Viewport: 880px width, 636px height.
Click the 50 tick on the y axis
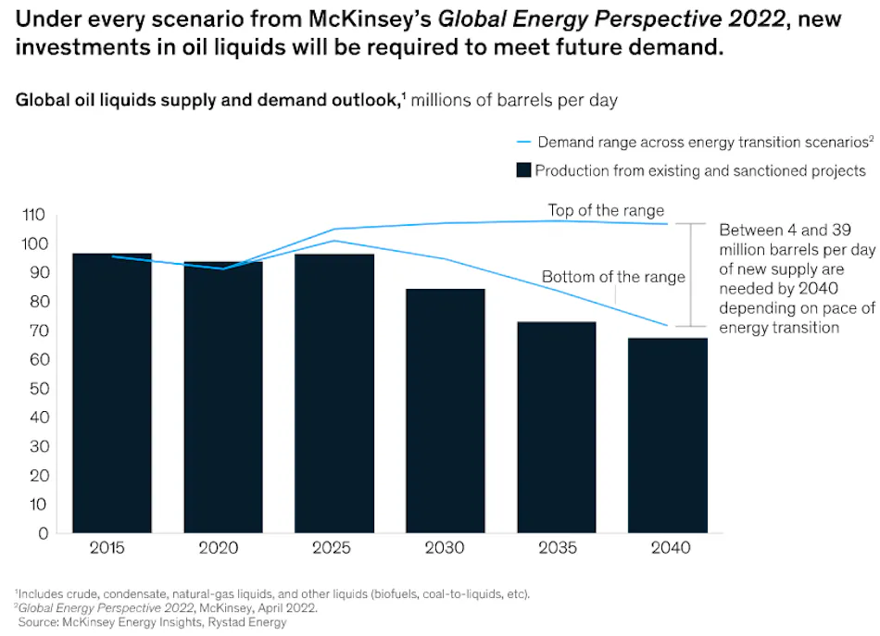coord(35,389)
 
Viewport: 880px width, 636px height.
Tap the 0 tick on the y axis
coord(40,533)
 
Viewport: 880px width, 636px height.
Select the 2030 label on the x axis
coord(446,548)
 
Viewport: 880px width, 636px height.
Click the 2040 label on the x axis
coord(671,548)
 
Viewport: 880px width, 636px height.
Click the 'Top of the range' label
coord(606,210)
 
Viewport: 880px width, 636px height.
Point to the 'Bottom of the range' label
coord(613,277)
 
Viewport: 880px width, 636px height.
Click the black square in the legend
coord(523,170)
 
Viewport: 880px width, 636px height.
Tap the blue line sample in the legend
coord(523,143)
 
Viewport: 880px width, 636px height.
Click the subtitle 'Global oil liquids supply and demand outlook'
coord(205,100)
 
